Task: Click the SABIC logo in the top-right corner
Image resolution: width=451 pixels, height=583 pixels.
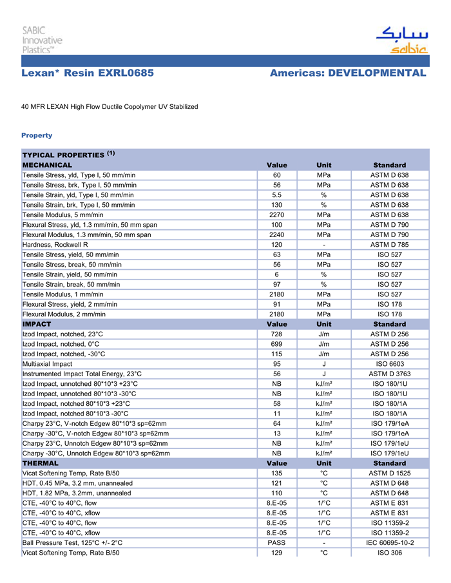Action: (401, 40)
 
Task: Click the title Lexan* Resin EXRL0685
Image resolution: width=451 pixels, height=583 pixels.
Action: (88, 73)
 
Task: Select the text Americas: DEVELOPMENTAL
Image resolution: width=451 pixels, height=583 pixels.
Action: (348, 73)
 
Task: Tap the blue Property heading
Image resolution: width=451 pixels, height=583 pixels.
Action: (37, 135)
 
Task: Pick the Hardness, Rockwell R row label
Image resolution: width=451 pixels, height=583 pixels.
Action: (55, 245)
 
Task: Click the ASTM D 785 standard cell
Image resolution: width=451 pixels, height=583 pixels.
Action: (389, 245)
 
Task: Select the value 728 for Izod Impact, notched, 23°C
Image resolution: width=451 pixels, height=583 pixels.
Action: (276, 334)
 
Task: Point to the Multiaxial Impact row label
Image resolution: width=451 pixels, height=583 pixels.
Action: (47, 364)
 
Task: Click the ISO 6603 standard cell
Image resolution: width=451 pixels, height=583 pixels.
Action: (389, 364)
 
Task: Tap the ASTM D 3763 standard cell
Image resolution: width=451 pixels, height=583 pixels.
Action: (389, 374)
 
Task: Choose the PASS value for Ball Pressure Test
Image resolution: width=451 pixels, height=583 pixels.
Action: (276, 543)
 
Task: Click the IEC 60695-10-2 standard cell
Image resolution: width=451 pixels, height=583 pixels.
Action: (389, 543)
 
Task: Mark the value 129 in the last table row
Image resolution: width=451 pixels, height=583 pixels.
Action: (276, 553)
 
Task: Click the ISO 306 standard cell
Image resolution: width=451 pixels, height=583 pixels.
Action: (389, 553)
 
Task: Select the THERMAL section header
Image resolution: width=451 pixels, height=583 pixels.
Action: (40, 463)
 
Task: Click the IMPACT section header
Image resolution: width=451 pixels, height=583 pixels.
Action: (37, 324)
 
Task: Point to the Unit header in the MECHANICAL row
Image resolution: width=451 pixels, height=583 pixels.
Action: (324, 165)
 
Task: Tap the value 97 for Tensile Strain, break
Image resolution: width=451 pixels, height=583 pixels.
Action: (276, 284)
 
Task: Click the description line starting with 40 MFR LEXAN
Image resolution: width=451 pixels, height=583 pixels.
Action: (110, 106)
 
